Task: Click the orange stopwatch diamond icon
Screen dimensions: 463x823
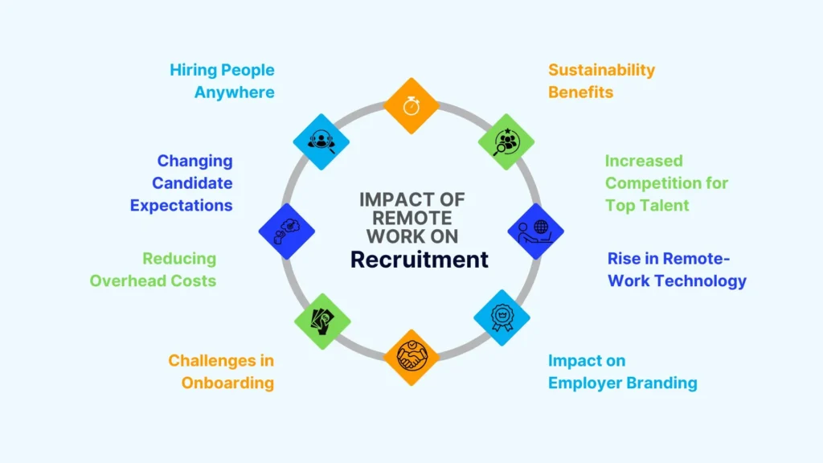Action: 411,105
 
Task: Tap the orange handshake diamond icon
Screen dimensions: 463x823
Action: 411,357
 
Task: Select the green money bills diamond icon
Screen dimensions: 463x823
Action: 323,321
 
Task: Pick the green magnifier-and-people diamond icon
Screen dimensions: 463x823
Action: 506,141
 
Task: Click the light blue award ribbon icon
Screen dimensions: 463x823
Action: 502,318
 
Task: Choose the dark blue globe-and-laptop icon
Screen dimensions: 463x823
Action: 536,231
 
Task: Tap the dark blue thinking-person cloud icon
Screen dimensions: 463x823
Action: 286,231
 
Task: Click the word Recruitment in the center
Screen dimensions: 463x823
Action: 419,259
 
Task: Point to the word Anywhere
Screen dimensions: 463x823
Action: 234,92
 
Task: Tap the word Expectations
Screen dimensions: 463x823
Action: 181,205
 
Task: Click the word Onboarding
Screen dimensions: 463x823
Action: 227,383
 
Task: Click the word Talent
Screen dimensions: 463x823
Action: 662,205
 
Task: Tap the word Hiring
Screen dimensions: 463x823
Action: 194,70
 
